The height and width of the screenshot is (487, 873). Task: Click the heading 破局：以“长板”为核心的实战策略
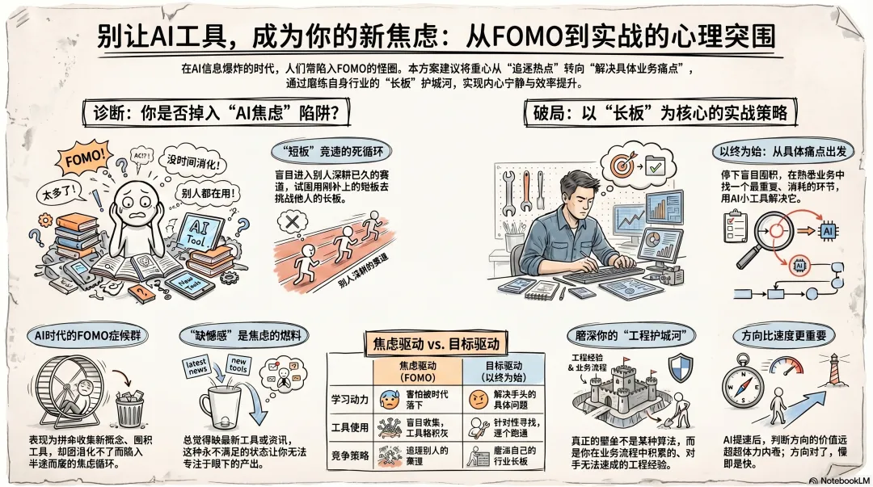coord(656,114)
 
